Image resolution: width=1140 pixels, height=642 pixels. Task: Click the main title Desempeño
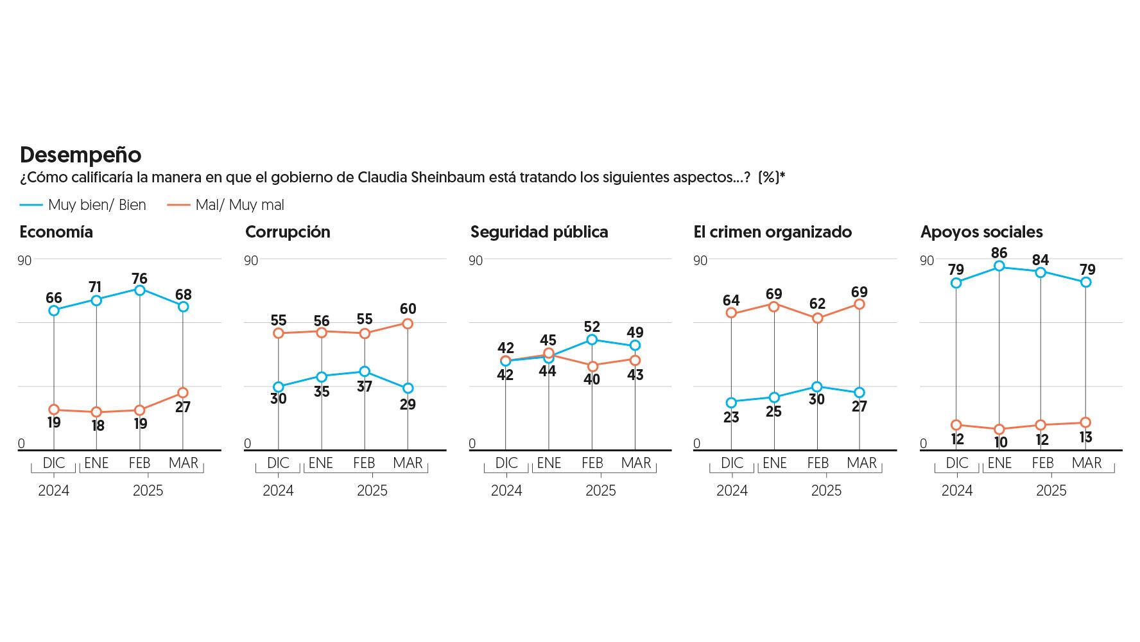(x=80, y=155)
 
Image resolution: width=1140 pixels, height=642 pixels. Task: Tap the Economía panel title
(x=56, y=232)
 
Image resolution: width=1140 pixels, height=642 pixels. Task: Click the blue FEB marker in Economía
(x=140, y=290)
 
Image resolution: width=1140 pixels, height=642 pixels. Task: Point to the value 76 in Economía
(x=140, y=279)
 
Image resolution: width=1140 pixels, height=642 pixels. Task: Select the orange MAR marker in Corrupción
(x=408, y=324)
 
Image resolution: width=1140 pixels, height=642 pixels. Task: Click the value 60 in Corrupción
(x=408, y=309)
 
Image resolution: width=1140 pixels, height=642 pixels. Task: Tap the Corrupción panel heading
(x=288, y=232)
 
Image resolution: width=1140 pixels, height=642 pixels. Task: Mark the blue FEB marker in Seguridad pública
(x=592, y=340)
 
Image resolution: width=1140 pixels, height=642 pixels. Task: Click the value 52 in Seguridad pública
(x=592, y=327)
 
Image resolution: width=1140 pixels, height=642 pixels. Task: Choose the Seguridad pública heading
(x=539, y=232)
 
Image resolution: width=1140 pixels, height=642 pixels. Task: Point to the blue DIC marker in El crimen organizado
(x=731, y=403)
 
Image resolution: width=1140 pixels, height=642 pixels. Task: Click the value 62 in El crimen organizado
(x=817, y=304)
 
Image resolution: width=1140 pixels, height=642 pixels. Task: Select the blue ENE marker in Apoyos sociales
(x=999, y=266)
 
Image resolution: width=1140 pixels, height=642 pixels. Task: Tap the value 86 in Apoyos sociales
(x=999, y=253)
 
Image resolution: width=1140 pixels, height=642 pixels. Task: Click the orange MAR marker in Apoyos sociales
(x=1085, y=422)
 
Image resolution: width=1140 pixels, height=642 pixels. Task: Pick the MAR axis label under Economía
(x=184, y=463)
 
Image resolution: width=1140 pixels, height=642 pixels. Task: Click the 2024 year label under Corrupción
(x=278, y=491)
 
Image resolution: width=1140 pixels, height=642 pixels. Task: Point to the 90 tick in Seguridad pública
(x=476, y=261)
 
